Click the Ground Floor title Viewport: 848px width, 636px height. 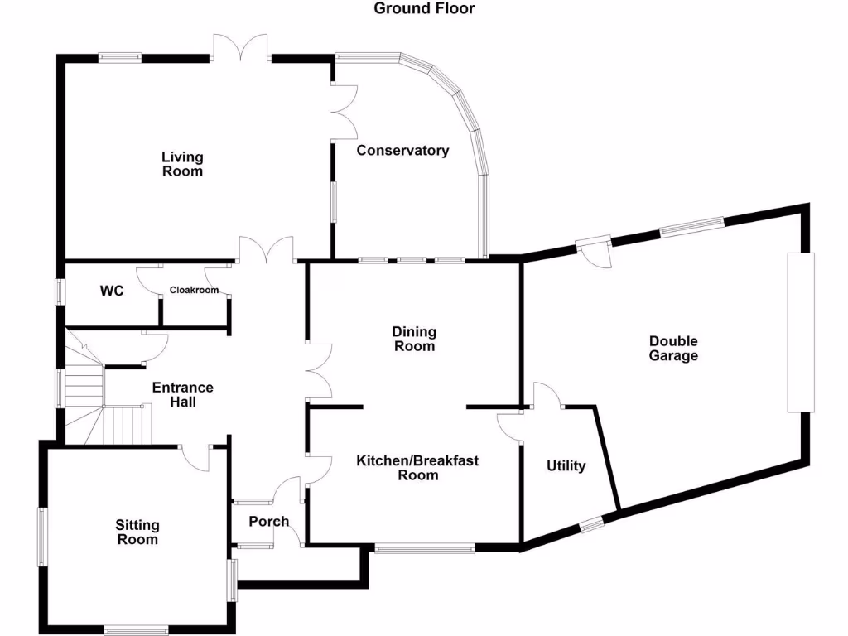pyautogui.click(x=424, y=9)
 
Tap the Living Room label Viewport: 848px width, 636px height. pyautogui.click(x=182, y=164)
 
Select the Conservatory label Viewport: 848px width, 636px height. pyautogui.click(x=402, y=151)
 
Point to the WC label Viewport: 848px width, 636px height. pyautogui.click(x=112, y=291)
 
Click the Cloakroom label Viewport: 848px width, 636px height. pyautogui.click(x=194, y=291)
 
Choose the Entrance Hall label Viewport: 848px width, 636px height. pyautogui.click(x=182, y=394)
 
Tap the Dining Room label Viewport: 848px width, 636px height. pyautogui.click(x=414, y=339)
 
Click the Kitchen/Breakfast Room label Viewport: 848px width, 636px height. pyautogui.click(x=417, y=468)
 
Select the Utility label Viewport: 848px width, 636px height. pyautogui.click(x=566, y=466)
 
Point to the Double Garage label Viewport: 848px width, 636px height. pyautogui.click(x=673, y=349)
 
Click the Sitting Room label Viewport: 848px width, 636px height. pyautogui.click(x=137, y=532)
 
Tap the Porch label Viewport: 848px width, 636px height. pyautogui.click(x=269, y=522)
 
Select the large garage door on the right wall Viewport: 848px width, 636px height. pyautogui.click(x=800, y=332)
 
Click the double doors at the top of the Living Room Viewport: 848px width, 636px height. pyautogui.click(x=240, y=50)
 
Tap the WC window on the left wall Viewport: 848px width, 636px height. pyautogui.click(x=60, y=291)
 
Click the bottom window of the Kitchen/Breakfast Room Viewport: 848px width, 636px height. pyautogui.click(x=424, y=547)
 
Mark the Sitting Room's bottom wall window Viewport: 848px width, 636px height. pyautogui.click(x=137, y=629)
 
